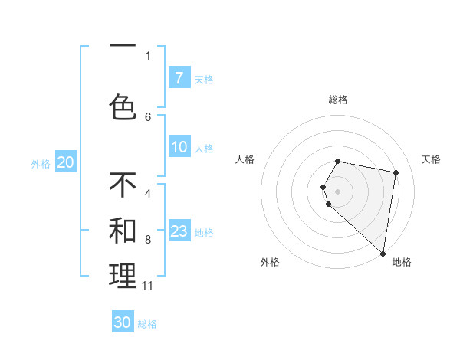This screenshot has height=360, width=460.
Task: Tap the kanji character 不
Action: pyautogui.click(x=123, y=185)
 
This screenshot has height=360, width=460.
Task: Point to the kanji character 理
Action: pyautogui.click(x=123, y=276)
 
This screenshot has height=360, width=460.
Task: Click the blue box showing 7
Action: pyautogui.click(x=179, y=77)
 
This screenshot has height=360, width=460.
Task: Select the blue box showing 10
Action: pyautogui.click(x=179, y=147)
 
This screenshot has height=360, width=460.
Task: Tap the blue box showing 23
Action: pyautogui.click(x=179, y=231)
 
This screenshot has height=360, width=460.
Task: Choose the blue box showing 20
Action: pyautogui.click(x=66, y=162)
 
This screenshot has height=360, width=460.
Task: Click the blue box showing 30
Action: pyautogui.click(x=123, y=322)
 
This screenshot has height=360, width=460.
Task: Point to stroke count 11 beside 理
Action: pyautogui.click(x=148, y=286)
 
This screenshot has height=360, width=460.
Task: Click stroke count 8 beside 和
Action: pyautogui.click(x=148, y=240)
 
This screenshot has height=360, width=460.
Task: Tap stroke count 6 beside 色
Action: pyautogui.click(x=148, y=116)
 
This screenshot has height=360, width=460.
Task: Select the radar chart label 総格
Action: pyautogui.click(x=338, y=100)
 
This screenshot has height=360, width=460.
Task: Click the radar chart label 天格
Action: pyautogui.click(x=431, y=159)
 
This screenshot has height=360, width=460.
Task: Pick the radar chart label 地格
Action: pyautogui.click(x=402, y=262)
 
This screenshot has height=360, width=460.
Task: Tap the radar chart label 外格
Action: pyautogui.click(x=270, y=262)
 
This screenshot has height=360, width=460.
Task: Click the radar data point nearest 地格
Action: pyautogui.click(x=383, y=253)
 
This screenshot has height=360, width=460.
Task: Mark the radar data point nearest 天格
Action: pyautogui.click(x=396, y=172)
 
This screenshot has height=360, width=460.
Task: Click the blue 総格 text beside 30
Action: pyautogui.click(x=147, y=324)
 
